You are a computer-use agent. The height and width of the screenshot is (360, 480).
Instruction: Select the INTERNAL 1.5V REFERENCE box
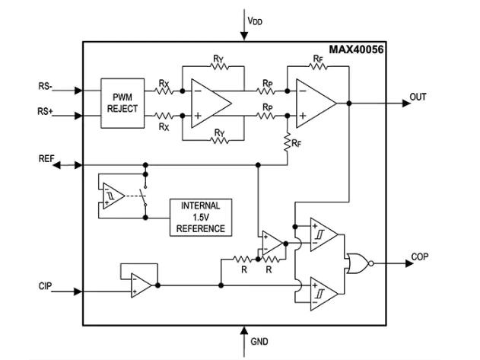[201, 217]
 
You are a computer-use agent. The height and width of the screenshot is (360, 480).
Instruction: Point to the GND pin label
[259, 342]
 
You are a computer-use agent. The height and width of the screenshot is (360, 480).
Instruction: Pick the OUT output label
[418, 97]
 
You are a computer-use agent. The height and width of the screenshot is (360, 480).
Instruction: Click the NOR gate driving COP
[358, 263]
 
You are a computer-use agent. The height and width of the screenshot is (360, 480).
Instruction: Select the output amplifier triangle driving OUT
[314, 102]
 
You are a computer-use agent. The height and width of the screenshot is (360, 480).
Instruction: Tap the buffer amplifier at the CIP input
[141, 285]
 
